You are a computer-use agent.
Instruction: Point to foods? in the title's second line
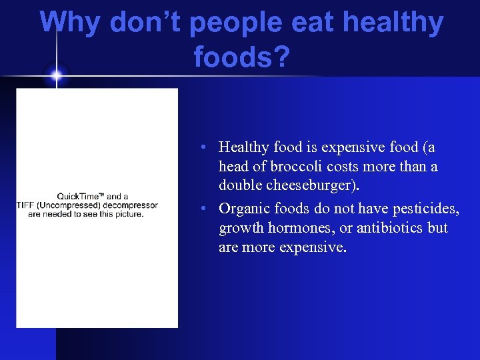pos(242,57)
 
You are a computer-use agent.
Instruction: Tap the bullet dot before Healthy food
pos(208,147)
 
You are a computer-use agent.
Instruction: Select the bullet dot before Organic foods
pos(208,209)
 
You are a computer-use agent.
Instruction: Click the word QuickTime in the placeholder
pos(79,196)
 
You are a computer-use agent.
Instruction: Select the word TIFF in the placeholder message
pos(25,205)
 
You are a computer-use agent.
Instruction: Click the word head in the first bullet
pos(233,167)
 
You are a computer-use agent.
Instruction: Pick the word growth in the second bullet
pos(238,228)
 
